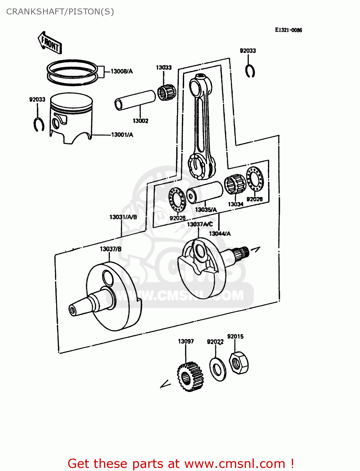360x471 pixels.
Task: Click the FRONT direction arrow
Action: [50, 43]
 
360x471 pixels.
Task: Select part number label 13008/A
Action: [122, 71]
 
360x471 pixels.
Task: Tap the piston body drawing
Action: [72, 119]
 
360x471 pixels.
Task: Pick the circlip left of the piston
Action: [39, 124]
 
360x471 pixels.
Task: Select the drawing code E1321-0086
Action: [288, 30]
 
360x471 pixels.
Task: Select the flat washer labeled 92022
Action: [217, 369]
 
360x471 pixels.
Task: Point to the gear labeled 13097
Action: [190, 376]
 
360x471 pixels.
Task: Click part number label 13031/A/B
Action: [123, 217]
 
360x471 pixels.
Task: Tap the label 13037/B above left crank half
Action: [111, 249]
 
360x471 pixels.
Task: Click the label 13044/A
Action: [220, 234]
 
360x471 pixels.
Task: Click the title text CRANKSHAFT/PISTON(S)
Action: [60, 12]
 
